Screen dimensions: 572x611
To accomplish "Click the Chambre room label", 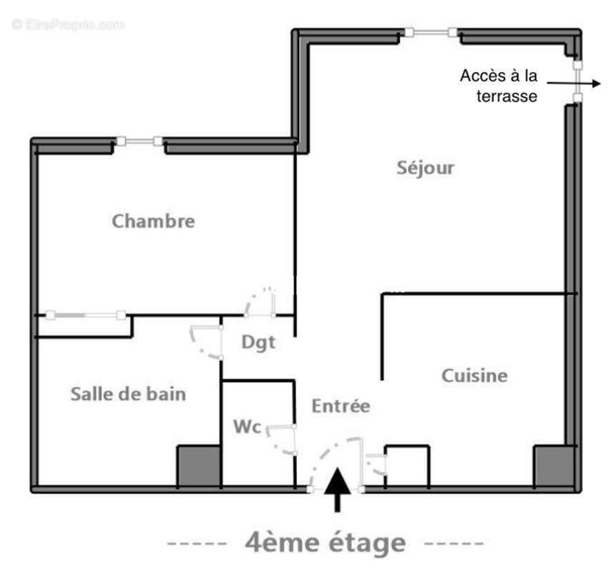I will click(153, 221).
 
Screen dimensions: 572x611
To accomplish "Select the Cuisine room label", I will click(474, 375).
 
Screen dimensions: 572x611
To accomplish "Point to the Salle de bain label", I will click(128, 393).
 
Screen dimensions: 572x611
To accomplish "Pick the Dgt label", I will click(258, 342).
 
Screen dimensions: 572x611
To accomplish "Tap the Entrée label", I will click(341, 406).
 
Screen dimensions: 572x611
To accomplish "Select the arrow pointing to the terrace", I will click(591, 84).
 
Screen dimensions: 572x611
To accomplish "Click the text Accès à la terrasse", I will click(499, 85).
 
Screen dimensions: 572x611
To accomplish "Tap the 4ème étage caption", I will click(326, 543).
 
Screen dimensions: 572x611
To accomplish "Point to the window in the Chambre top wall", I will click(139, 142).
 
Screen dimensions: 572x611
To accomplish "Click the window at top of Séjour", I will click(431, 32).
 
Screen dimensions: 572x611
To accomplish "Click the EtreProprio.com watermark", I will click(68, 24).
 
